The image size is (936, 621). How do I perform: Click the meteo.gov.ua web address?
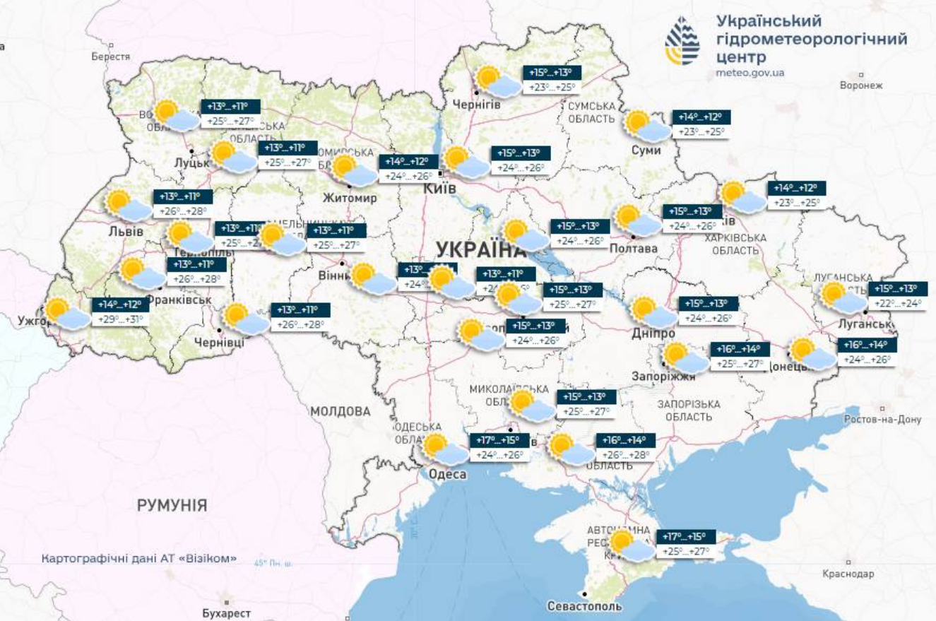pyautogui.click(x=750, y=72)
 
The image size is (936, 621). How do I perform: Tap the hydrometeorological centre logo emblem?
pyautogui.click(x=682, y=41)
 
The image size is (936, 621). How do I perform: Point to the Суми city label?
pyautogui.click(x=646, y=150)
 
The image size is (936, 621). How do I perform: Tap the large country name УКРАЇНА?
pyautogui.click(x=480, y=249)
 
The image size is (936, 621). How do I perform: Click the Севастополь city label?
pyautogui.click(x=585, y=606)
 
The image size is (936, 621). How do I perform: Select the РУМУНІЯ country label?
pyautogui.click(x=172, y=505)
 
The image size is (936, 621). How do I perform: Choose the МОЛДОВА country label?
pyautogui.click(x=340, y=411)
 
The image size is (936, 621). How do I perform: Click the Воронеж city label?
pyautogui.click(x=862, y=85)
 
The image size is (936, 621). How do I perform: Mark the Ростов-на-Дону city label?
pyautogui.click(x=883, y=419)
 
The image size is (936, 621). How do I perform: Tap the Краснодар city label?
pyautogui.click(x=848, y=574)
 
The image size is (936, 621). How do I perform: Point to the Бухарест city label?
pyautogui.click(x=226, y=613)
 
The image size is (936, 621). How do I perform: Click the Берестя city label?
pyautogui.click(x=111, y=57)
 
